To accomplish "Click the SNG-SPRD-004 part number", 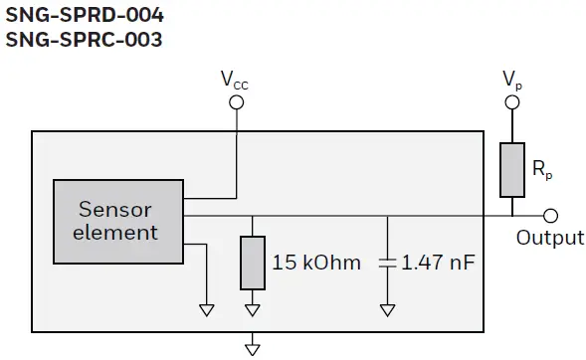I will coord(85,16).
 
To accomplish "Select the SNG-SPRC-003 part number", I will coord(84,40).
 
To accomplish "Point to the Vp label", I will coord(511,78).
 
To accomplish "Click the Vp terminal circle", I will coord(511,101).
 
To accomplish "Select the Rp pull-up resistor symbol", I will coord(511,168).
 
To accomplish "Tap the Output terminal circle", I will coord(550,215).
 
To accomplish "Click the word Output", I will coord(550,238).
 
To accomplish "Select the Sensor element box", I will coord(118,222).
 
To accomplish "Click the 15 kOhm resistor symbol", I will coord(253,262).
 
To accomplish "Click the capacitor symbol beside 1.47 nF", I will coord(386,263).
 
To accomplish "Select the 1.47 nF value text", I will coord(438,263).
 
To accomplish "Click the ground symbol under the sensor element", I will coord(207,309).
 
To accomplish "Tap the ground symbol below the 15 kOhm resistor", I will coord(253,309).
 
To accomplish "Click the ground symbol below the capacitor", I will coord(386,309).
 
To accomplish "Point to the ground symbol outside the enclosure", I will coord(253,347).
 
